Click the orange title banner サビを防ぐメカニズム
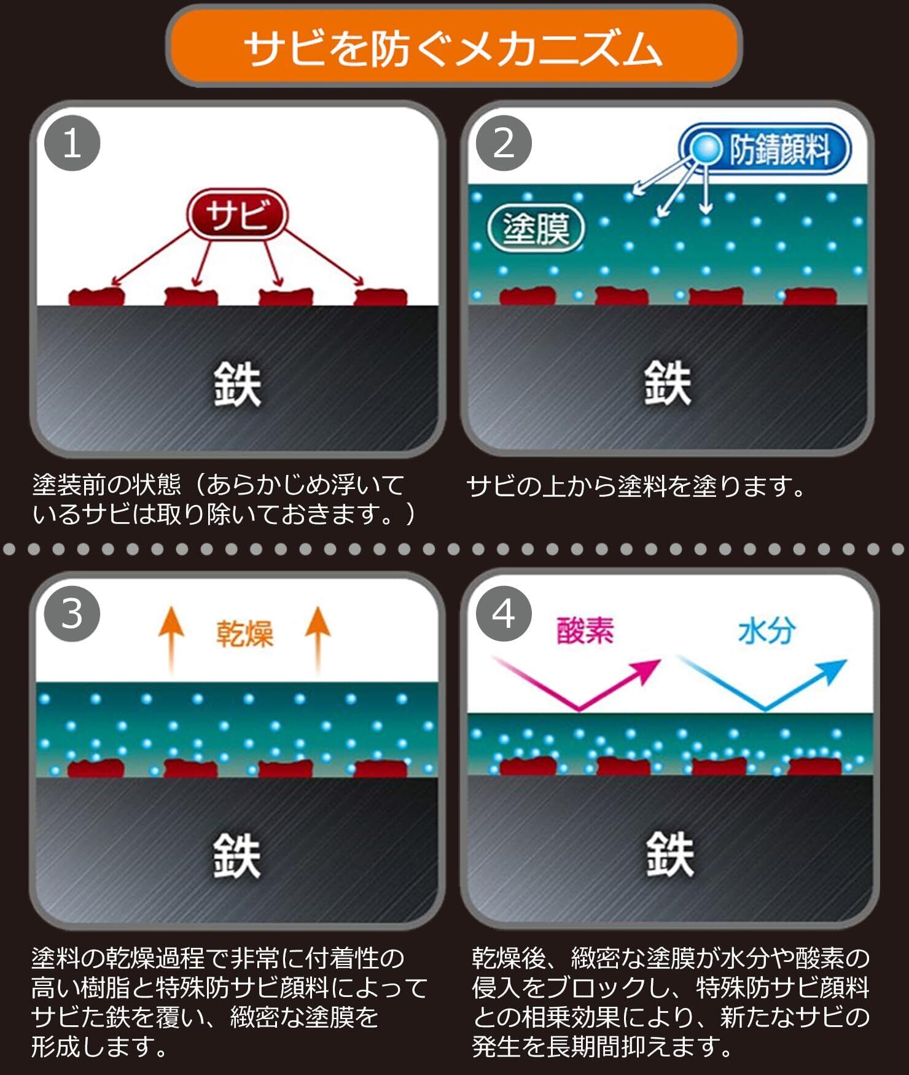tap(454, 46)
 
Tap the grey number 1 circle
tap(72, 143)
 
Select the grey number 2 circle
tap(504, 143)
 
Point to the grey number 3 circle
tap(72, 614)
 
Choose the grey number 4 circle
tap(504, 614)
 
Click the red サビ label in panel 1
tap(237, 214)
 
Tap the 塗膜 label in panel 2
tap(536, 229)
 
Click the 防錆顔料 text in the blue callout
tap(780, 149)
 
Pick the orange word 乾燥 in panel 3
tap(244, 633)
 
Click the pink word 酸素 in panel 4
tap(585, 630)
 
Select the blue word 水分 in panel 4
tap(767, 630)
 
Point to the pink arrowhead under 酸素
tap(648, 670)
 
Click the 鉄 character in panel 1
tap(237, 384)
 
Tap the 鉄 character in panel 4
tap(669, 854)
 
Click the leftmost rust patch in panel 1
tap(96, 297)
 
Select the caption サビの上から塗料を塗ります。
tap(636, 487)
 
